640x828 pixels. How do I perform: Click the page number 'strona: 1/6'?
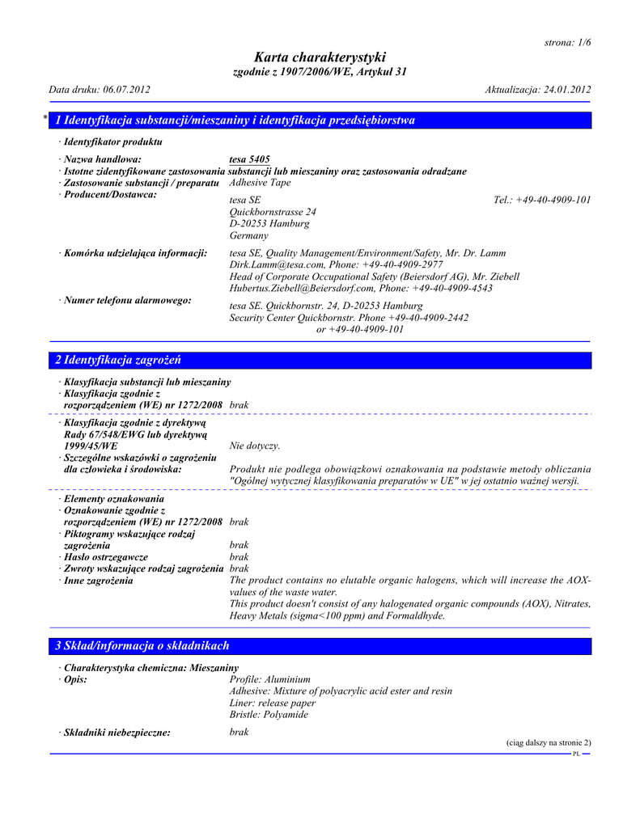point(562,42)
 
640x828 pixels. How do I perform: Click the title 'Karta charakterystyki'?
point(320,57)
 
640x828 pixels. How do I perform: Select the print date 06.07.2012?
point(125,89)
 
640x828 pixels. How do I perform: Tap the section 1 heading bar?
point(320,120)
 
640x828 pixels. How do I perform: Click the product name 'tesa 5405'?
point(250,159)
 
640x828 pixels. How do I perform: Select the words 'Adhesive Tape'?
point(260,183)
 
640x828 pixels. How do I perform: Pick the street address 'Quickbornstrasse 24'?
point(273,212)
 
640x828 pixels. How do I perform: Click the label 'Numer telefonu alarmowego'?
point(127,301)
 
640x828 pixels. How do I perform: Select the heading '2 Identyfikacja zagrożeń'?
point(118,360)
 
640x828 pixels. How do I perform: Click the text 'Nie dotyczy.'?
point(255,446)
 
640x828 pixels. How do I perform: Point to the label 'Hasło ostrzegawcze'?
point(105,557)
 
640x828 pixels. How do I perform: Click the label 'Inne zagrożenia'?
point(99,581)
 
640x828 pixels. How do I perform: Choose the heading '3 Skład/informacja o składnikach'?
point(142,646)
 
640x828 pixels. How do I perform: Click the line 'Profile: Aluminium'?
point(270,679)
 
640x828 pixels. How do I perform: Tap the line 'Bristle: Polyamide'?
point(269,715)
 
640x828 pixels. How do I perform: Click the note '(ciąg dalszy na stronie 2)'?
point(549,742)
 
